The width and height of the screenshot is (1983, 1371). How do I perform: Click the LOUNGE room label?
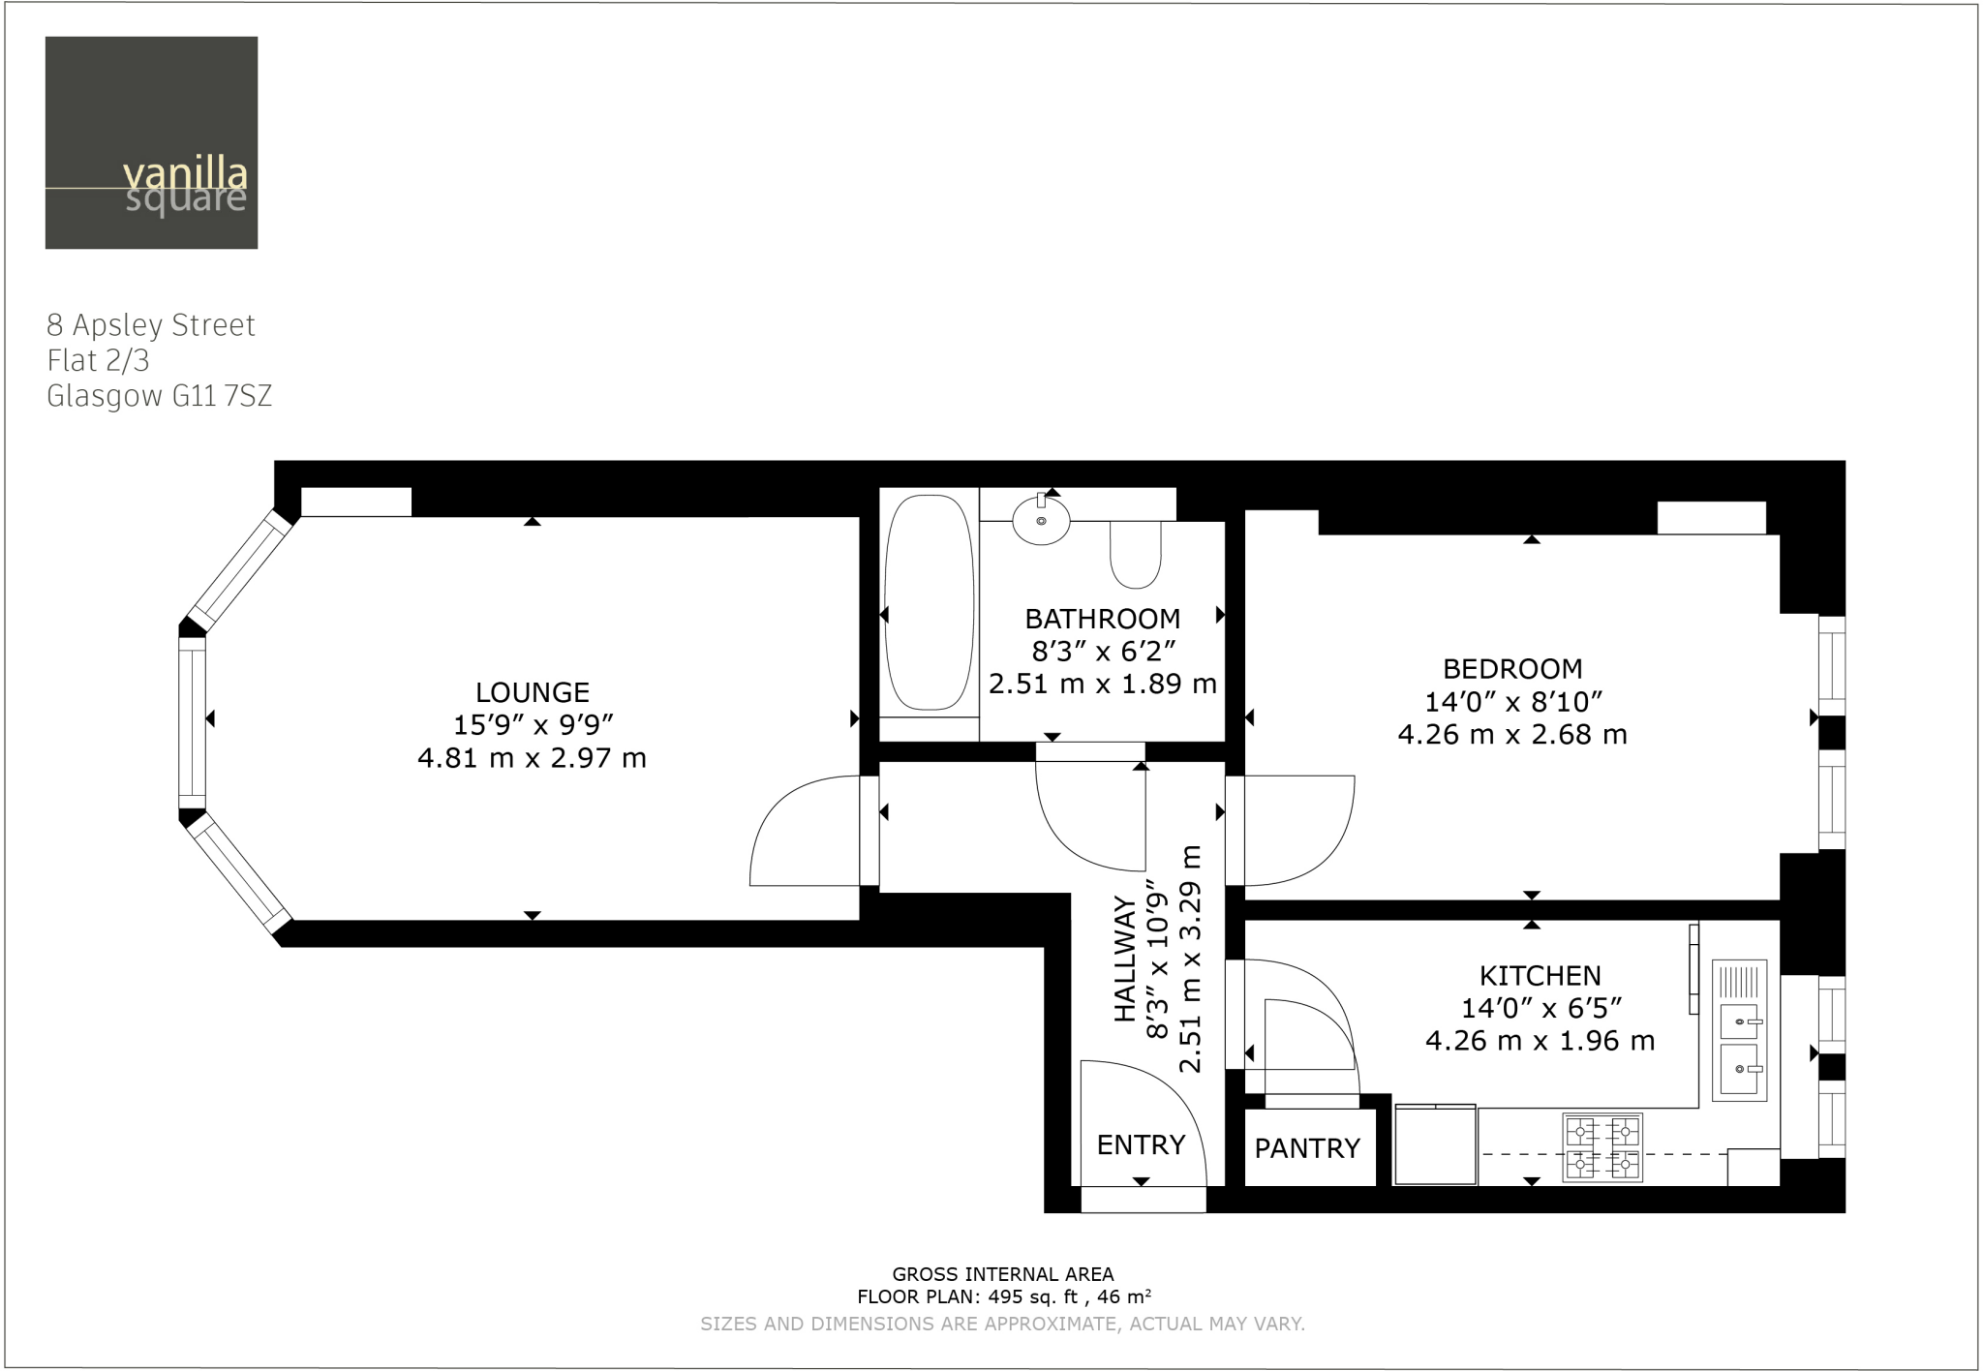click(x=532, y=692)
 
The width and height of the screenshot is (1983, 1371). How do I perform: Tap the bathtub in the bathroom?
click(x=929, y=601)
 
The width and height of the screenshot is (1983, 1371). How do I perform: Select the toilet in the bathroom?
click(x=1135, y=555)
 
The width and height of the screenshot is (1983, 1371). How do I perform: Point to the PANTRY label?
click(x=1307, y=1148)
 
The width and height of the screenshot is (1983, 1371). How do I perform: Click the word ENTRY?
click(x=1141, y=1144)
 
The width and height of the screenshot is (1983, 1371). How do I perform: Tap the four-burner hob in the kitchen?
click(x=1602, y=1147)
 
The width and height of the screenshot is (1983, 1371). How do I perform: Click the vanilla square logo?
click(x=151, y=142)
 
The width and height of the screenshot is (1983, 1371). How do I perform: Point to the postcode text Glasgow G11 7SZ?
click(x=159, y=397)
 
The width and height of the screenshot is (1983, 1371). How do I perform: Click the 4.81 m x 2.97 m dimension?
click(x=532, y=758)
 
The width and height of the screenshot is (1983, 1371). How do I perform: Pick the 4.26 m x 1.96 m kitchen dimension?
click(x=1540, y=1041)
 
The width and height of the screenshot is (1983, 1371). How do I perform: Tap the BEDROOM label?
click(x=1512, y=668)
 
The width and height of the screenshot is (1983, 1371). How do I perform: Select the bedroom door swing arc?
click(x=1317, y=842)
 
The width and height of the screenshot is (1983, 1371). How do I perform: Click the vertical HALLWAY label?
click(x=1124, y=959)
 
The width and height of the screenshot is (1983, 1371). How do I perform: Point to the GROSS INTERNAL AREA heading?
click(x=1002, y=1274)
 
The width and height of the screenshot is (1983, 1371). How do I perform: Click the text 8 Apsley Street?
click(x=151, y=325)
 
